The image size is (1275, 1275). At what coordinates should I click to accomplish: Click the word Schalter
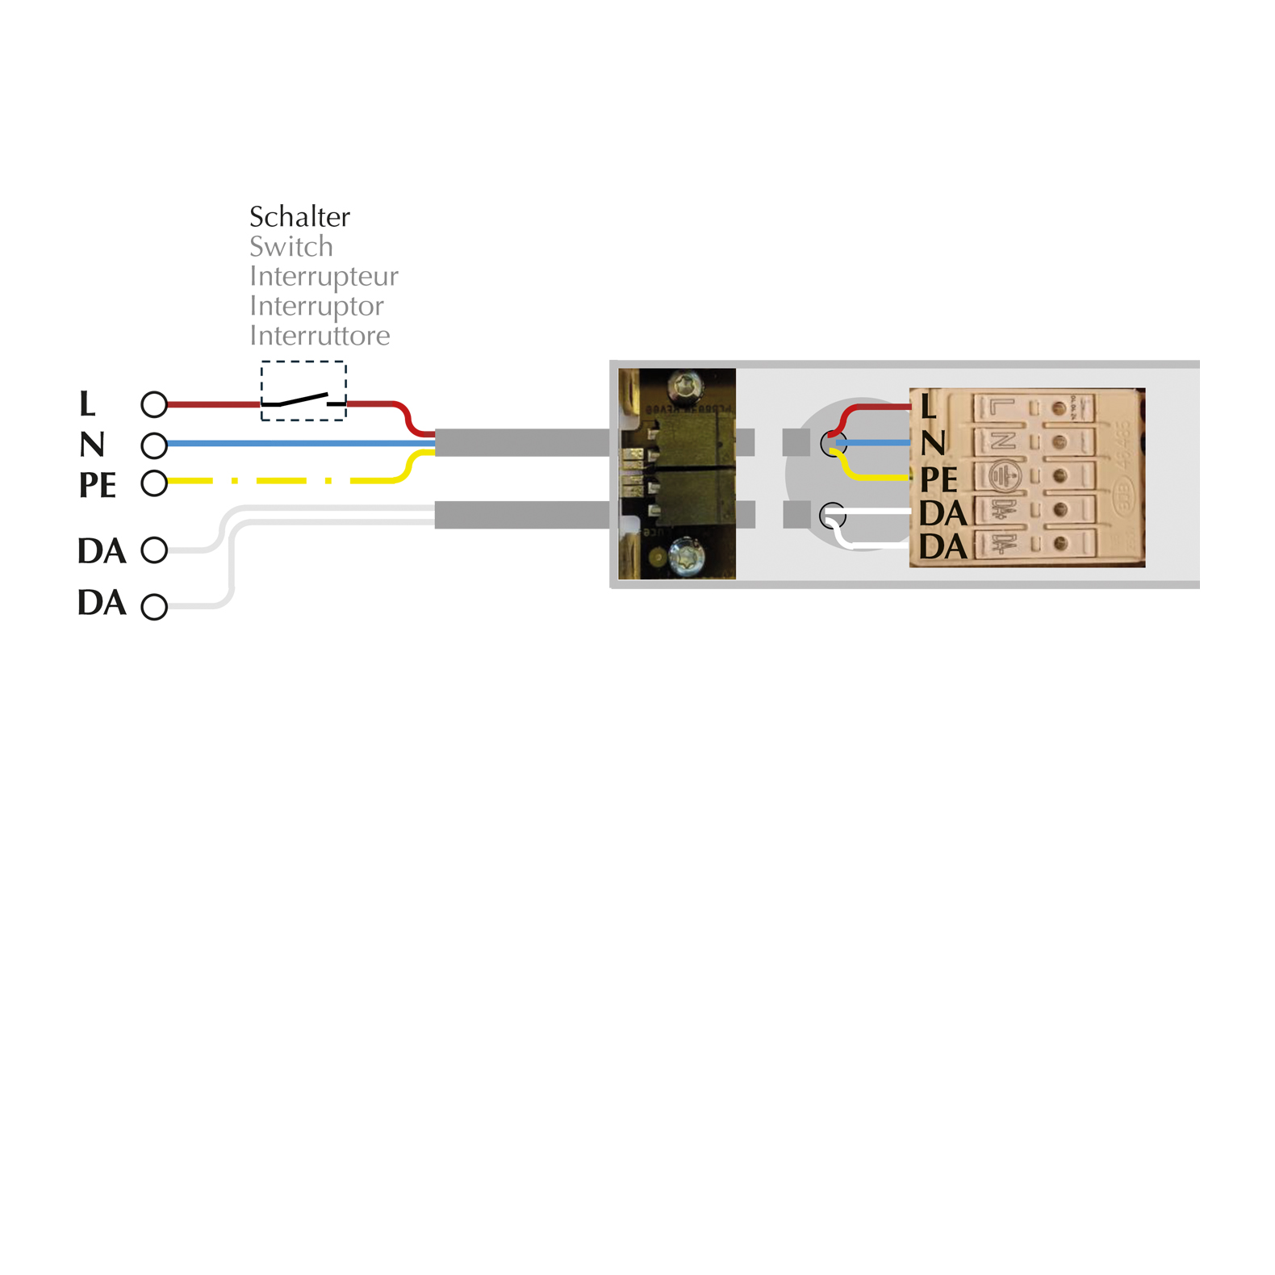(299, 217)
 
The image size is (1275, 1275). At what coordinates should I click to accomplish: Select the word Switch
(291, 247)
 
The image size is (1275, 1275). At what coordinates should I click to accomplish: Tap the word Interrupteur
(324, 276)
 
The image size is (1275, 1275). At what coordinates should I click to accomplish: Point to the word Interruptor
(316, 306)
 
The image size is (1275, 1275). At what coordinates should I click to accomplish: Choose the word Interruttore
(320, 336)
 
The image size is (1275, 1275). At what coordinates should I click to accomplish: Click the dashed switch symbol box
(303, 391)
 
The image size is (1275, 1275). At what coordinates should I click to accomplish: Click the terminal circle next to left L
(154, 404)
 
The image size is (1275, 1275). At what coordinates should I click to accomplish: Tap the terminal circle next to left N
(154, 445)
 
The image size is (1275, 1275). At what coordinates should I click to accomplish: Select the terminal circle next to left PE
(154, 483)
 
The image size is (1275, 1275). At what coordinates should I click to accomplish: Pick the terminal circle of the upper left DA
(154, 550)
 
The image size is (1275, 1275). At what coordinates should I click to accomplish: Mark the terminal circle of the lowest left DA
(154, 607)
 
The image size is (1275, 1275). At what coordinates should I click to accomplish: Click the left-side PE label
(98, 485)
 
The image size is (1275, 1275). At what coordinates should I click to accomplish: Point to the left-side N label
(92, 445)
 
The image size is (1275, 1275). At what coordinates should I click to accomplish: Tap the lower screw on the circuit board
(687, 556)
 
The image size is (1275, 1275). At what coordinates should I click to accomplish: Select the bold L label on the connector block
(928, 406)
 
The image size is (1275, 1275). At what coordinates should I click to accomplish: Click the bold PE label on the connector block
(938, 480)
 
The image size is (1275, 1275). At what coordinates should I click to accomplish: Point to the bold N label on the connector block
(933, 442)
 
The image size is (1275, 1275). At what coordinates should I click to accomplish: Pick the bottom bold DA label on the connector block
(943, 547)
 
